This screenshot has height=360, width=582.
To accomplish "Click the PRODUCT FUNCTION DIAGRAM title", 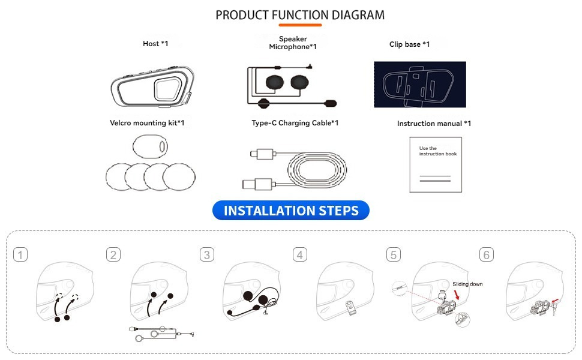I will point(300,14).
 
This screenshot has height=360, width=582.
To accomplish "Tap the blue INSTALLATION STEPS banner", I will point(291,211).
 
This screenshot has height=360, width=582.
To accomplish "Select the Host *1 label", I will point(155,44).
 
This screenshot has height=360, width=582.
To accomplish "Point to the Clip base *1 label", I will point(409,44).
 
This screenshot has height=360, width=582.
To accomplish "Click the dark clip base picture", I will point(419,85).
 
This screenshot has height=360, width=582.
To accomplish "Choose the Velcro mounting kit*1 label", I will point(147,123).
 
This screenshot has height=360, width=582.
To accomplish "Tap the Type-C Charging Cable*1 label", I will point(295,123).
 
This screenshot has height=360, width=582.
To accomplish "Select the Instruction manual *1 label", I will point(434,124).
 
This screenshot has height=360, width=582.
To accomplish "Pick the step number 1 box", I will point(21,255).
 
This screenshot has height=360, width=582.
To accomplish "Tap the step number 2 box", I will point(113,255).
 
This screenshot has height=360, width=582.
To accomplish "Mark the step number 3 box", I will point(206,255).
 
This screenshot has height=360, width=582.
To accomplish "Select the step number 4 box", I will point(300,255).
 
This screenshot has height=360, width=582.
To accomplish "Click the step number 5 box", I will point(394,255).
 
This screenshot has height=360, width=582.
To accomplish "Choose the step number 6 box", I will point(487,255).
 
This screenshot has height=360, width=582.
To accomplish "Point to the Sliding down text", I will point(467,284).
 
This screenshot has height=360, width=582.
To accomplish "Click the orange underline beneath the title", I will point(300,25).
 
